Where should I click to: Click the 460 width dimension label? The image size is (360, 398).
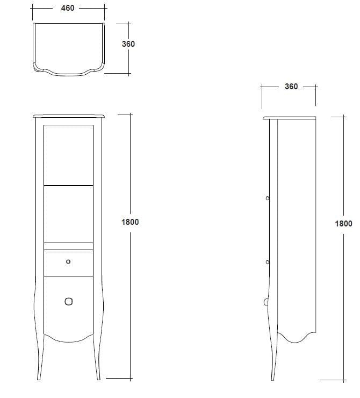[68, 9]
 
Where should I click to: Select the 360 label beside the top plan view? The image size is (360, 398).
[128, 44]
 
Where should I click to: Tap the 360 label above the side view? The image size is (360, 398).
[291, 87]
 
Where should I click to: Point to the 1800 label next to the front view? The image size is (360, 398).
[130, 222]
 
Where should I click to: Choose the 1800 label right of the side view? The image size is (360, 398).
[343, 224]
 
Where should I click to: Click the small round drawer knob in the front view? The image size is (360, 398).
[68, 262]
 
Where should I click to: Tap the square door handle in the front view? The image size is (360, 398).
[68, 301]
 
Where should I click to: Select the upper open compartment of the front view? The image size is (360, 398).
[68, 154]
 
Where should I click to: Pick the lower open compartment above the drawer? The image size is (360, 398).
[68, 213]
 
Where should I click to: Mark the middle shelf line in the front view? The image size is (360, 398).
[68, 184]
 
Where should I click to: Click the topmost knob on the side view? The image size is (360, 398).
[268, 198]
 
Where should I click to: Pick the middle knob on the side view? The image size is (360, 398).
[268, 262]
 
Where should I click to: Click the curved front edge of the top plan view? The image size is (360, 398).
[68, 72]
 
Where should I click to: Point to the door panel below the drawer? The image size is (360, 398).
[68, 309]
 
